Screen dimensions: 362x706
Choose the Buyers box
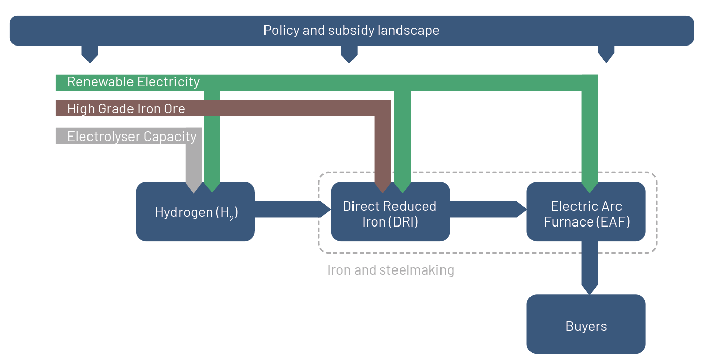point(586,326)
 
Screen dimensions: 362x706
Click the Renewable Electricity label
point(134,82)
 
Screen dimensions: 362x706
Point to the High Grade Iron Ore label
point(126,109)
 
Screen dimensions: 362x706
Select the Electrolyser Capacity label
point(131,137)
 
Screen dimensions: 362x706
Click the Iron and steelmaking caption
point(390,270)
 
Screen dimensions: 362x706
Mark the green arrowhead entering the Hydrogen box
point(212,186)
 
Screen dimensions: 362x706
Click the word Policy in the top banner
point(281,31)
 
